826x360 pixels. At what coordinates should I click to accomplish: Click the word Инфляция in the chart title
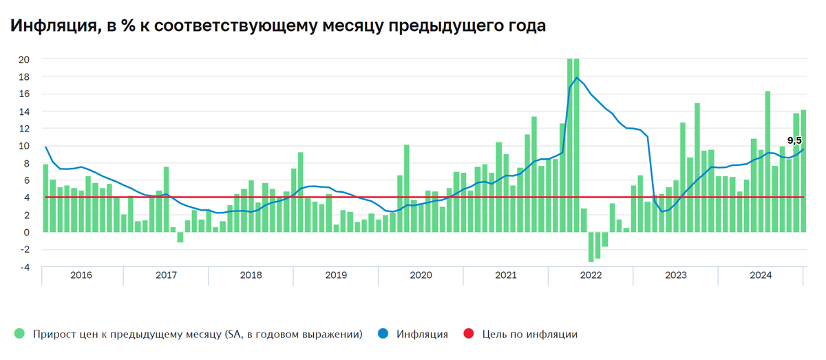click(51, 26)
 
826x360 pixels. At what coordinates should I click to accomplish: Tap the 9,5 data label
click(794, 140)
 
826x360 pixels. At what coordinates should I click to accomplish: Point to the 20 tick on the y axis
click(24, 59)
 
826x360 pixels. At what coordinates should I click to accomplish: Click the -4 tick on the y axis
click(24, 267)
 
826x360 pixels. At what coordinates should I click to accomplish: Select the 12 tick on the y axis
click(24, 129)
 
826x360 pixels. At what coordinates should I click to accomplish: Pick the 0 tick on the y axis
click(25, 233)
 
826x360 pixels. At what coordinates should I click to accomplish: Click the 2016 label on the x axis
click(81, 275)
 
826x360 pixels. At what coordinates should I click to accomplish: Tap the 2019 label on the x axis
click(336, 275)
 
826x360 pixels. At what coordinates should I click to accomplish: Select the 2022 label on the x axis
click(591, 275)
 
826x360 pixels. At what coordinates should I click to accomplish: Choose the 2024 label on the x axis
click(761, 275)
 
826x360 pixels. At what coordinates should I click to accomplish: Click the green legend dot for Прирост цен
click(19, 335)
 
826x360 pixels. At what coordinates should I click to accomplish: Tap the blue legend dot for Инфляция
click(383, 335)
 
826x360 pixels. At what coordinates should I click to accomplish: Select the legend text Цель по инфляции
click(529, 335)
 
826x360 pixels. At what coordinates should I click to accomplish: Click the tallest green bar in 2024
click(767, 161)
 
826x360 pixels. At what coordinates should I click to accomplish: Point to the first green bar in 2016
click(45, 198)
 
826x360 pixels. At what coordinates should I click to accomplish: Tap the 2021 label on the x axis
click(506, 275)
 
